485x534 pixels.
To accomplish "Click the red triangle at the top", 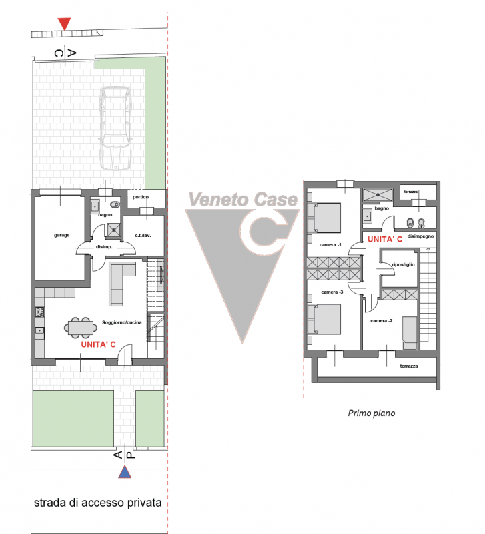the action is (x=64, y=23).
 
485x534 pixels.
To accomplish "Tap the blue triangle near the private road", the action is (x=125, y=472).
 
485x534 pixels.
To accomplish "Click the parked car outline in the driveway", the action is (x=115, y=127).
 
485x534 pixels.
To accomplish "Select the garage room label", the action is (x=61, y=235).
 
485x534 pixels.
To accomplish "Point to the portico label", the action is (x=141, y=197).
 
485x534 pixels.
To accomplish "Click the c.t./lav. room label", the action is (x=143, y=236).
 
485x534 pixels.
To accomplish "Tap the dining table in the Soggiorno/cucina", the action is (x=80, y=328).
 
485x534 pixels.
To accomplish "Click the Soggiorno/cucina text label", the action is (x=122, y=322).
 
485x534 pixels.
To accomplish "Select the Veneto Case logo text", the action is (x=243, y=199).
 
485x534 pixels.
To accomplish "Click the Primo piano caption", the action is (x=372, y=413).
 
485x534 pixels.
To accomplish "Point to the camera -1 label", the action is (x=330, y=245).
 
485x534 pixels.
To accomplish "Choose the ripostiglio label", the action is (x=404, y=264).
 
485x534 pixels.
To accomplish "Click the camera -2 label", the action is (x=381, y=321).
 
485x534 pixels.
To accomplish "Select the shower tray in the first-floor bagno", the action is (x=378, y=195).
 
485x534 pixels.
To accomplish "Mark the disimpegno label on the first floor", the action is (x=421, y=236).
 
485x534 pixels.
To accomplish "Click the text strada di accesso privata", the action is (x=97, y=503).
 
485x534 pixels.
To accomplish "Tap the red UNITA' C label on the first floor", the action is (x=384, y=240).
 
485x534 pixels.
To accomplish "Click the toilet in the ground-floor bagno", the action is (x=115, y=204).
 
